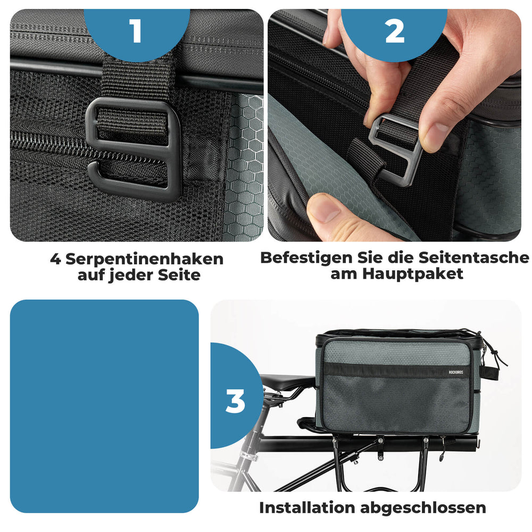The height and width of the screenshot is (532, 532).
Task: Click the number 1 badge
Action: (x=136, y=31)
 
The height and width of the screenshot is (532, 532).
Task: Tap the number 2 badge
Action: (x=394, y=31)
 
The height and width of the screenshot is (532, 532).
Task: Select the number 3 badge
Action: (x=235, y=402)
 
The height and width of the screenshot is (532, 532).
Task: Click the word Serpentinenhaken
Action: (x=144, y=259)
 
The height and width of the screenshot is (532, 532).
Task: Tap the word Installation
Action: (x=307, y=508)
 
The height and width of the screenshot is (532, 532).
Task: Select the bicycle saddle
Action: (x=287, y=381)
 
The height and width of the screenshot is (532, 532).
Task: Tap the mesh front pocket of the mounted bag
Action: (x=396, y=402)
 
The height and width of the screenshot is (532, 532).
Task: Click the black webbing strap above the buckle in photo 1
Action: (x=136, y=74)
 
